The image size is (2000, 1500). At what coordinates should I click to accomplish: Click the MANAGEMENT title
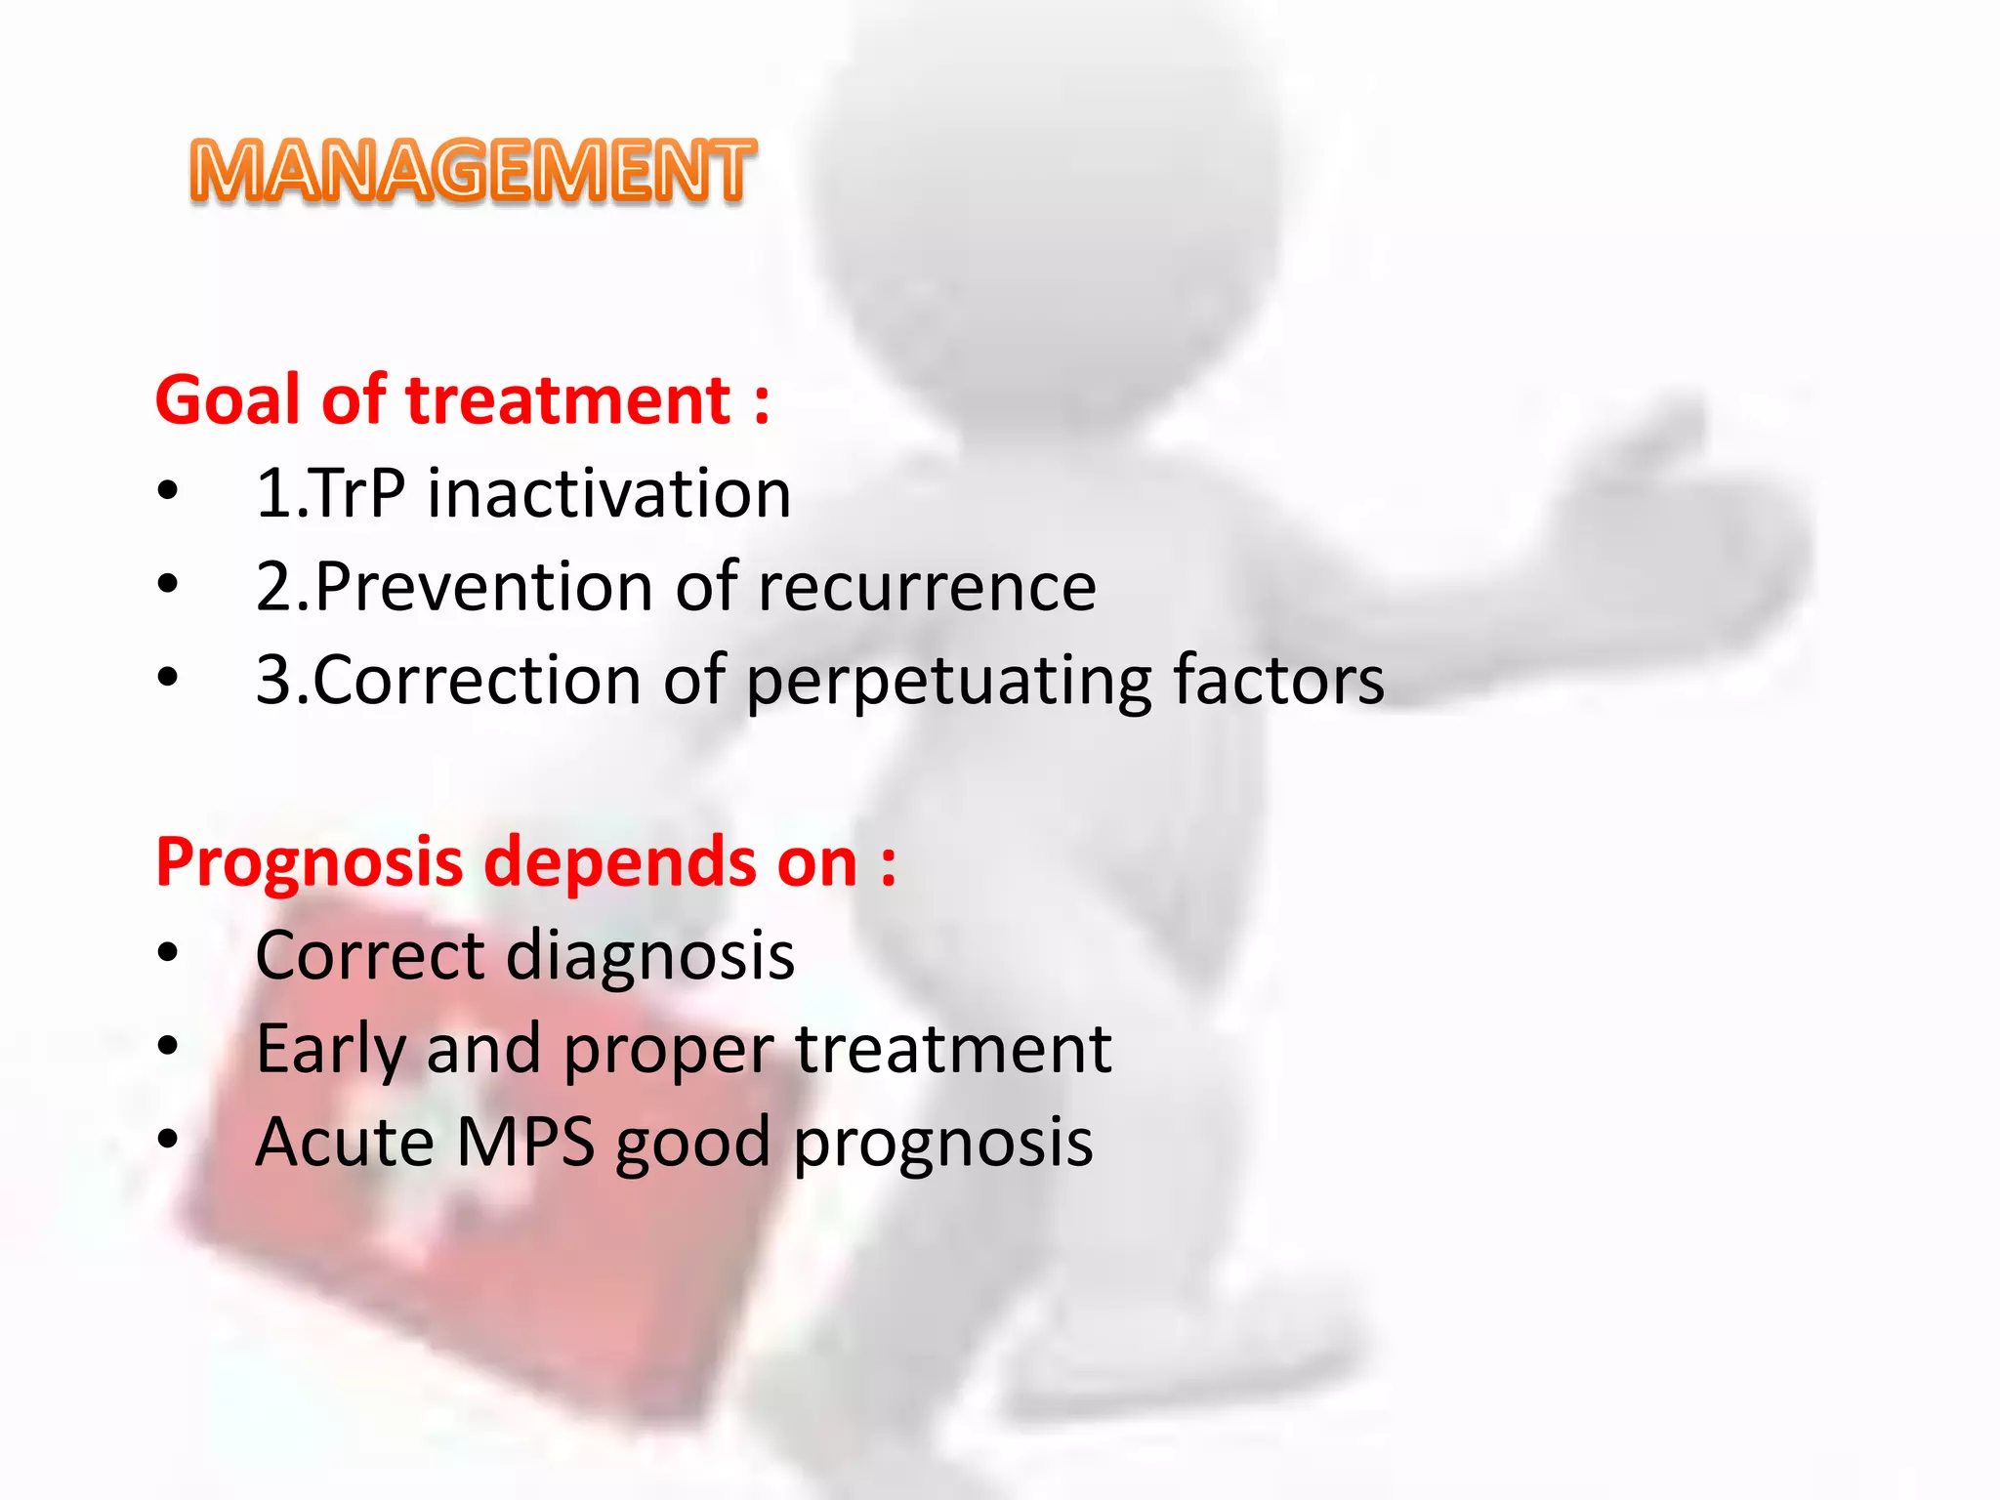(x=473, y=171)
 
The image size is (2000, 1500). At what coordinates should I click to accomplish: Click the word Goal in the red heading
(x=228, y=400)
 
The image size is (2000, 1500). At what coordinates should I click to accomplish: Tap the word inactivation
(x=608, y=493)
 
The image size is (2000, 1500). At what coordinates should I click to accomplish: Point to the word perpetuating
(x=948, y=681)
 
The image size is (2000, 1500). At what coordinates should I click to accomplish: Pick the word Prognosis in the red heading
(x=309, y=862)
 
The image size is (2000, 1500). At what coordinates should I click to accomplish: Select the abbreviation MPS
(x=524, y=1142)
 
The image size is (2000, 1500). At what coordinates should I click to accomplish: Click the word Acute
(x=344, y=1142)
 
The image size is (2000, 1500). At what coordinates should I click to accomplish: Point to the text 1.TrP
(x=330, y=493)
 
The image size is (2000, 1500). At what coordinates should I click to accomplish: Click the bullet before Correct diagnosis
(x=168, y=953)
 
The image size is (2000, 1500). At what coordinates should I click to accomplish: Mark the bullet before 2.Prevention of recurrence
(x=168, y=585)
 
